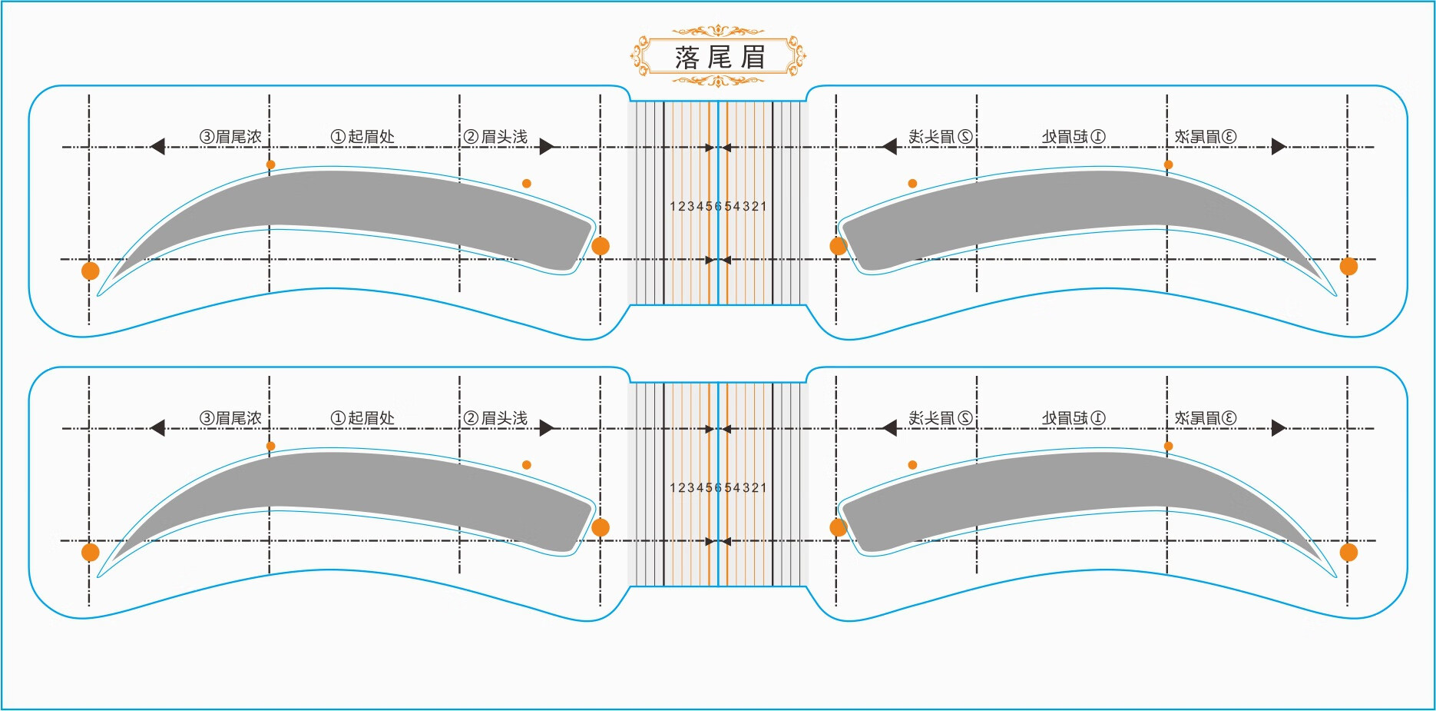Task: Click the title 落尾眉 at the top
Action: tap(720, 57)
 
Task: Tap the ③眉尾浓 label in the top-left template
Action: tap(230, 137)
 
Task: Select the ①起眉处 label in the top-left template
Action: tap(362, 137)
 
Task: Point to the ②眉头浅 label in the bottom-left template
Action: tap(495, 418)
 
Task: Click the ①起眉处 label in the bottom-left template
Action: tap(362, 418)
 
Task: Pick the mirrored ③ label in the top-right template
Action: tap(1206, 137)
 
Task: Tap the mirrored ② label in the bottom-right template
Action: tap(941, 418)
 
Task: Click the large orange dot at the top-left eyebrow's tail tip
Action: tap(91, 271)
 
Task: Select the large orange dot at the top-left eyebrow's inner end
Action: tap(601, 246)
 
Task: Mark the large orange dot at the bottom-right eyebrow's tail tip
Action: tap(1348, 552)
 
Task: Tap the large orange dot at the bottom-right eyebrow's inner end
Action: tap(838, 527)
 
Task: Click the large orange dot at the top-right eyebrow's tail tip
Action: tap(1348, 266)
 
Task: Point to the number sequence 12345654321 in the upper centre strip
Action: tap(718, 206)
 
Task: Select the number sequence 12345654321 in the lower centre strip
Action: tap(718, 487)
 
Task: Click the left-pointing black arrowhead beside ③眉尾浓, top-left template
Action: tap(157, 146)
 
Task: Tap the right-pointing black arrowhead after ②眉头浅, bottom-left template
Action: tap(547, 428)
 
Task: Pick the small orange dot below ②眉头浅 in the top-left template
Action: tap(526, 183)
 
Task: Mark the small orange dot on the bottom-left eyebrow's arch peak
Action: tap(270, 446)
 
